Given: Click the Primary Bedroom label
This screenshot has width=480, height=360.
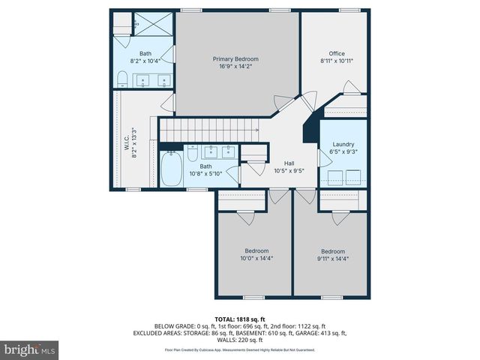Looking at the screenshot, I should (235, 58).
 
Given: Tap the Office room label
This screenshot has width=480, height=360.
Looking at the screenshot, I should (337, 53).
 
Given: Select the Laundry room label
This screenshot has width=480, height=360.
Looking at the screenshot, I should (343, 144).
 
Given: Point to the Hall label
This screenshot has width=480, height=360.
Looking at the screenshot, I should (289, 163).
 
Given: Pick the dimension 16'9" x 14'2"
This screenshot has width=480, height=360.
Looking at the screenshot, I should (235, 66).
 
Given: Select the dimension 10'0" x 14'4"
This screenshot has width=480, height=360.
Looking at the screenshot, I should (256, 259).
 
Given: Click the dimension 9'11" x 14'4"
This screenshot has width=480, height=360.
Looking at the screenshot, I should (332, 259).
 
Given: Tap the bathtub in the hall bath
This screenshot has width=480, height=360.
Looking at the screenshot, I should (172, 168).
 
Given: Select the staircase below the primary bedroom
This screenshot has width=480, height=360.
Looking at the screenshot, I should (207, 132).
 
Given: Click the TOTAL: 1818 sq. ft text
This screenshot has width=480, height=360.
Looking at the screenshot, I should (240, 319).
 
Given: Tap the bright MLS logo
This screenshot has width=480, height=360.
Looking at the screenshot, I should (30, 349).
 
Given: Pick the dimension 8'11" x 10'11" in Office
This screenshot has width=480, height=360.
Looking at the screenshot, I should (337, 61).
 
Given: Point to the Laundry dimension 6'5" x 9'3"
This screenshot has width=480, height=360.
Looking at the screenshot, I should (343, 151).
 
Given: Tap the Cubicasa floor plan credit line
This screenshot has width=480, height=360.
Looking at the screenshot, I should (240, 350).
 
